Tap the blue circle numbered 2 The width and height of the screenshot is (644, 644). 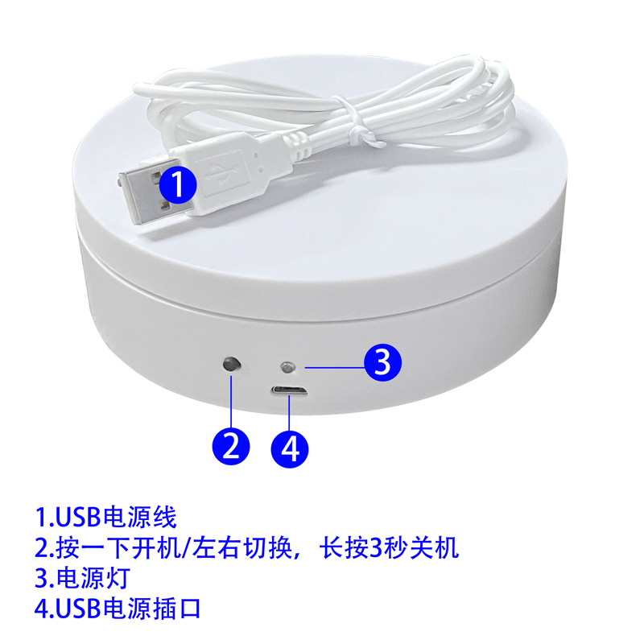click(231, 444)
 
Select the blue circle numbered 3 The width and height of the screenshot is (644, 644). click(382, 363)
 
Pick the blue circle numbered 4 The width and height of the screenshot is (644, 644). click(291, 445)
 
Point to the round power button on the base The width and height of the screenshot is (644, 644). click(232, 365)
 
